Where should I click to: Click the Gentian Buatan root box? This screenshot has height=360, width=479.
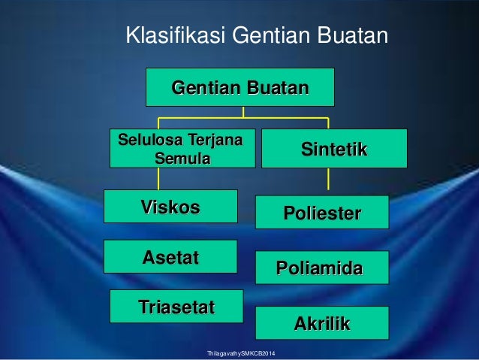pos(239,87)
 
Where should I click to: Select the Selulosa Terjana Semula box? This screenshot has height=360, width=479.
pos(182,148)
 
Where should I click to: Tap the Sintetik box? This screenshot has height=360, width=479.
pos(334,149)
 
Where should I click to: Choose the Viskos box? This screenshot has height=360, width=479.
pos(170,207)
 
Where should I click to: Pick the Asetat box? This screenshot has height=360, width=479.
pos(170,257)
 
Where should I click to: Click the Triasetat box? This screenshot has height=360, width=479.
pos(176,306)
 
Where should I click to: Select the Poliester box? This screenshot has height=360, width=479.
pos(322,213)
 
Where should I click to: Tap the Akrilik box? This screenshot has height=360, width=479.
pos(322,323)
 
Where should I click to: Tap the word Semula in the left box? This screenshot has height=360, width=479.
pos(182,159)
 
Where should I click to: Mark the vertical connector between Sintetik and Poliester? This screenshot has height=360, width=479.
pos(328,179)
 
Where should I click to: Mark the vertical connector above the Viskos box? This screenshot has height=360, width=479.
pos(158,178)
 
